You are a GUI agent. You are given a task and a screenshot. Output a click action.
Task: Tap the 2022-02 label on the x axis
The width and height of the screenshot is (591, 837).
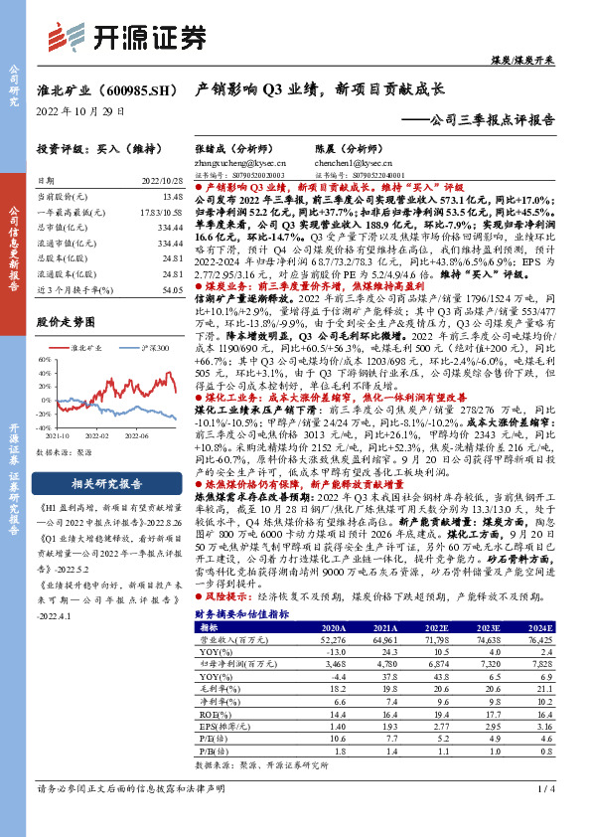97,434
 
